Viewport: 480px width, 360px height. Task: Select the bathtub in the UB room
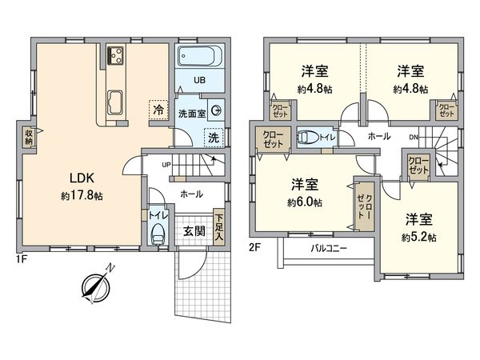click(198, 58)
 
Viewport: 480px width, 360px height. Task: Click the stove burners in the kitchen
click(114, 54)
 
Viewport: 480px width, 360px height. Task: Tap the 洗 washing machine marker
click(213, 137)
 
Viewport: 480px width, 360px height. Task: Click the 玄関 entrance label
click(194, 230)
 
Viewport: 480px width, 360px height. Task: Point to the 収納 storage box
click(29, 137)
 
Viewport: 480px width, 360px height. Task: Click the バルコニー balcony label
click(329, 249)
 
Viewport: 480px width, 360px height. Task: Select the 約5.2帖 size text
click(420, 237)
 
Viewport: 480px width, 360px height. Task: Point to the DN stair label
click(414, 136)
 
